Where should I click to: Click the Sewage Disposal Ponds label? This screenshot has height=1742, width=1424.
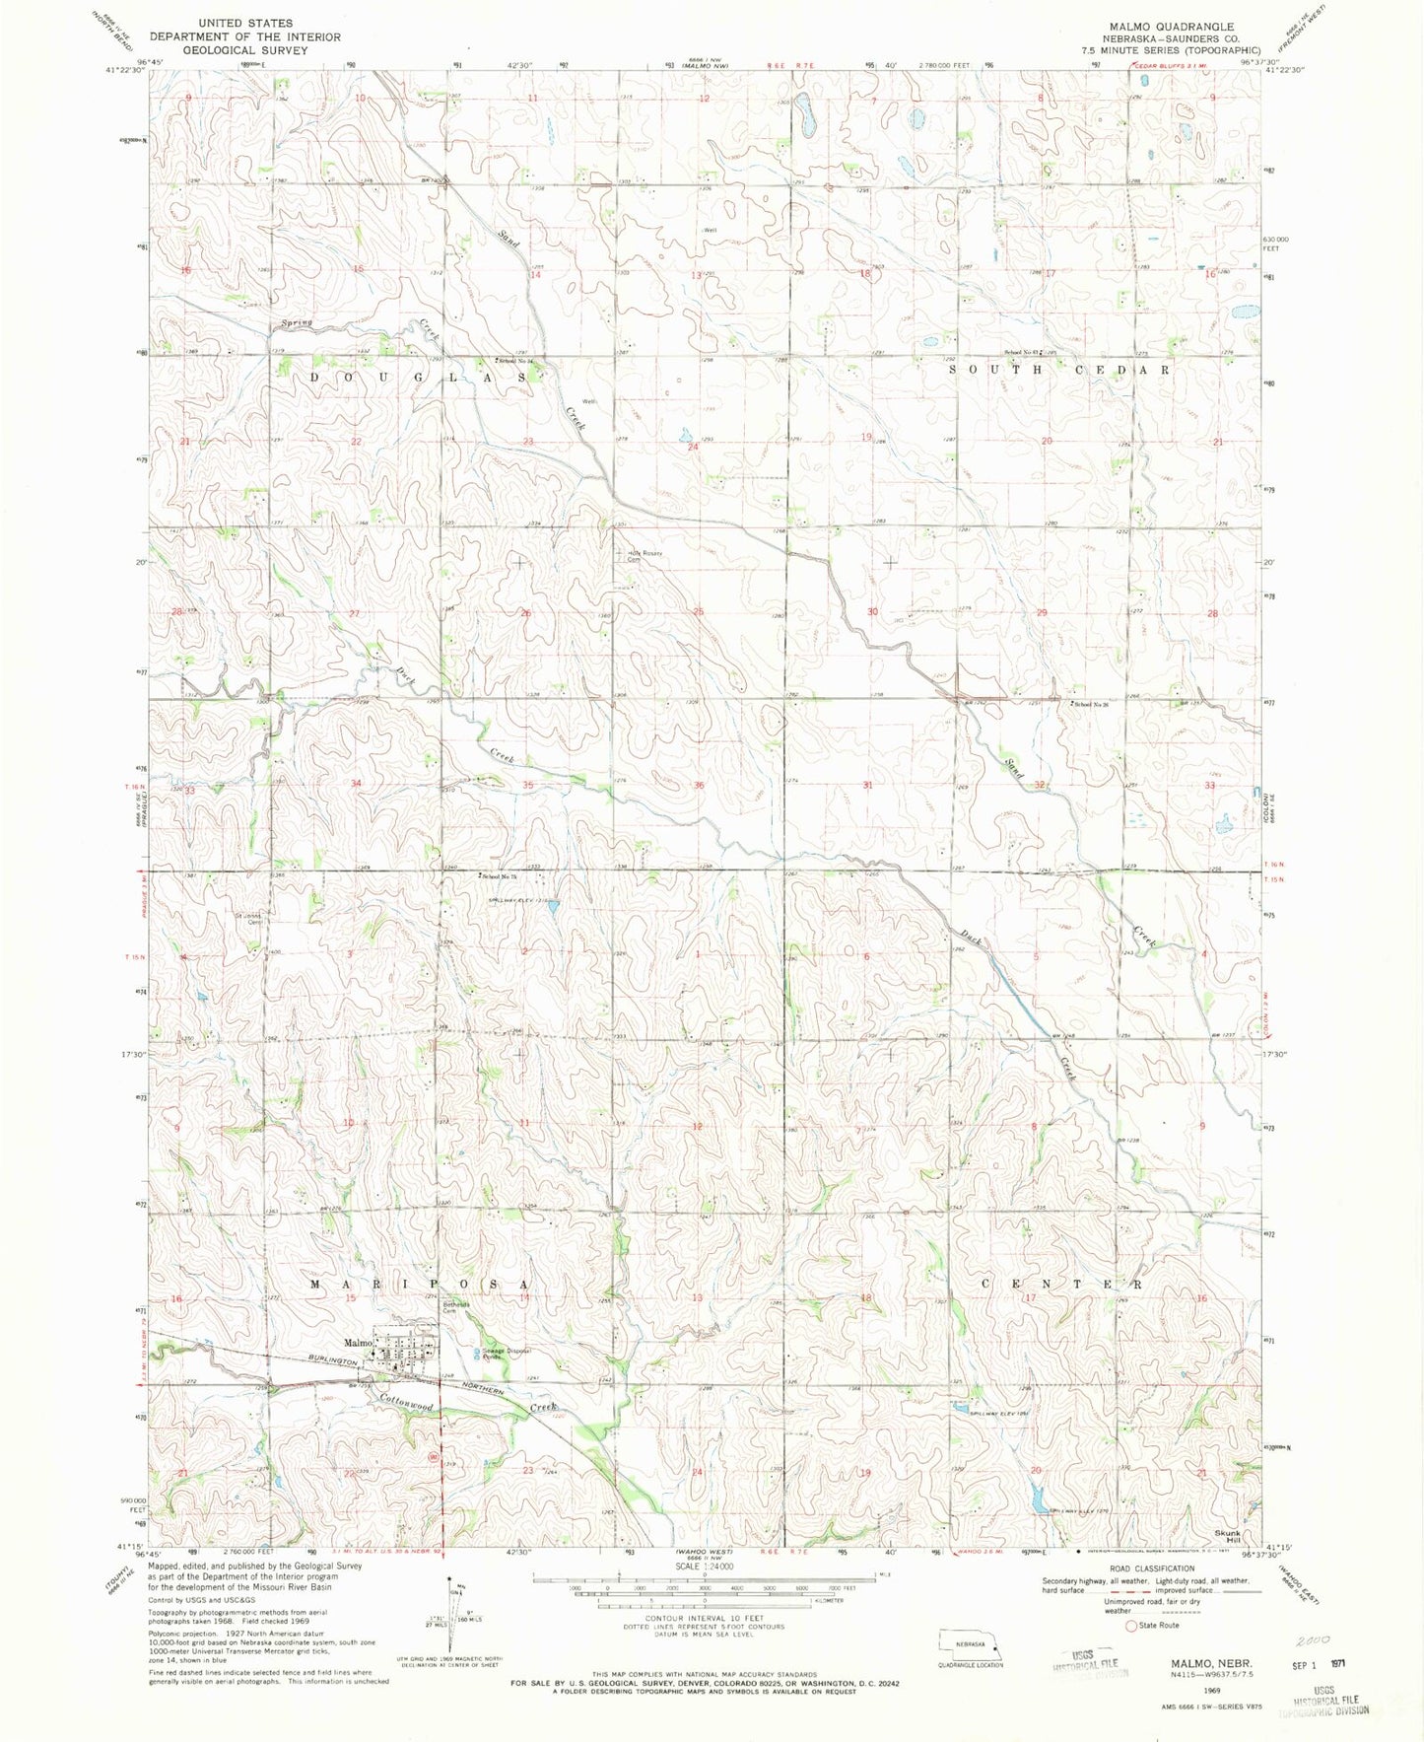tap(506, 1354)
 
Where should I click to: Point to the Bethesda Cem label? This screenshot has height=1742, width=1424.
tap(455, 1307)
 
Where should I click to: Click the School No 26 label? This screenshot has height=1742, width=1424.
tap(1098, 704)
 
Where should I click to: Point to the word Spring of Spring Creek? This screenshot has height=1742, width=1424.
tap(296, 322)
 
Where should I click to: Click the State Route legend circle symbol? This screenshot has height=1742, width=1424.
tap(1131, 1626)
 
